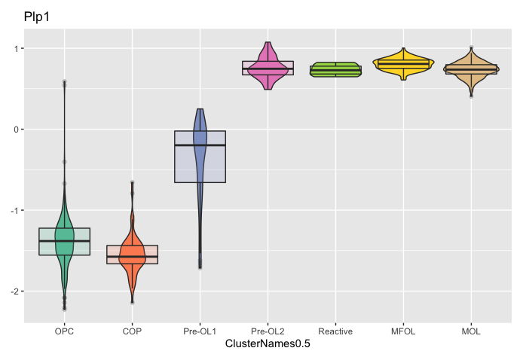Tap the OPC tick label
coord(64,331)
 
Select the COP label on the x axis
coord(132,331)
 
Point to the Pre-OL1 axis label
coord(200,331)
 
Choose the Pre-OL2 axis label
coord(268,331)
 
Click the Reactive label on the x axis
coord(335,331)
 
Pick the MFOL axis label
coord(403,331)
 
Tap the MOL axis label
coord(471,331)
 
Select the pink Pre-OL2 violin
coord(268,60)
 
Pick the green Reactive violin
coord(335,70)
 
